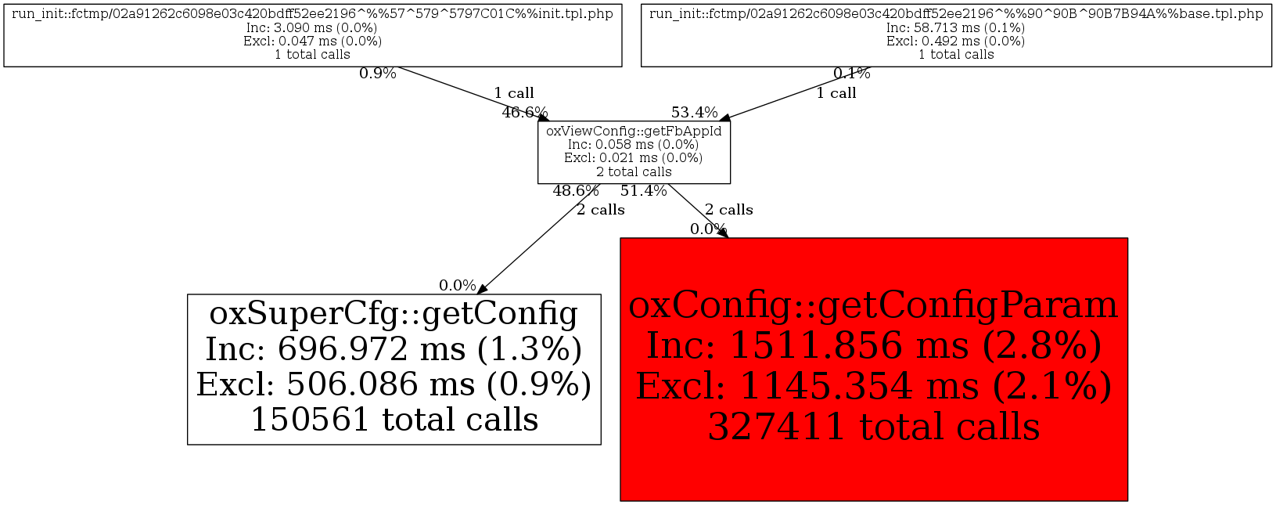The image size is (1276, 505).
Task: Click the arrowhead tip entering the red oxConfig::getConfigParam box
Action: click(728, 237)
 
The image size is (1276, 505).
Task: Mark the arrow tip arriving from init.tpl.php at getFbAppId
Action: click(549, 121)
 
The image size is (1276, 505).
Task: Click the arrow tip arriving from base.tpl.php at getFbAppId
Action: click(719, 121)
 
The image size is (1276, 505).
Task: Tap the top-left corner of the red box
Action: click(620, 238)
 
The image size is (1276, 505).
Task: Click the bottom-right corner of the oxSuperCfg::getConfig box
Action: click(601, 445)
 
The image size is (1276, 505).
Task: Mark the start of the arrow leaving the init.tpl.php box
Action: click(397, 67)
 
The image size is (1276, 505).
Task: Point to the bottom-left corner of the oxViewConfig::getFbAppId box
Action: click(537, 183)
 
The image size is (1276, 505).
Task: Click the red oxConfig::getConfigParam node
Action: click(874, 370)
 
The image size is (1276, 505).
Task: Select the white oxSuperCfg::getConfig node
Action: click(394, 370)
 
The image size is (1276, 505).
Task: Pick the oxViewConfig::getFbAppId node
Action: click(634, 152)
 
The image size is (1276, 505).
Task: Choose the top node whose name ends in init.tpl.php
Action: click(313, 34)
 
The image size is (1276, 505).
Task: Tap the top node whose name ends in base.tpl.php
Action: click(957, 34)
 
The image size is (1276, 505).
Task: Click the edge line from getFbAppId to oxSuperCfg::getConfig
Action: click(539, 239)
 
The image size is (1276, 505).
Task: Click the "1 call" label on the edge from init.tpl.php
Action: click(514, 93)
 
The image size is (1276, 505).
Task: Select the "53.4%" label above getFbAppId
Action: click(695, 112)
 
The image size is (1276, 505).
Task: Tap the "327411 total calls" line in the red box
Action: click(874, 427)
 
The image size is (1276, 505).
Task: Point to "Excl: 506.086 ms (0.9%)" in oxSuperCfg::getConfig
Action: click(394, 384)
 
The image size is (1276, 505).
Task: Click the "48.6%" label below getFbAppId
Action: click(576, 191)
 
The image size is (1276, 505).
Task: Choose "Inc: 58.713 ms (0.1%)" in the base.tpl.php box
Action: click(956, 27)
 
